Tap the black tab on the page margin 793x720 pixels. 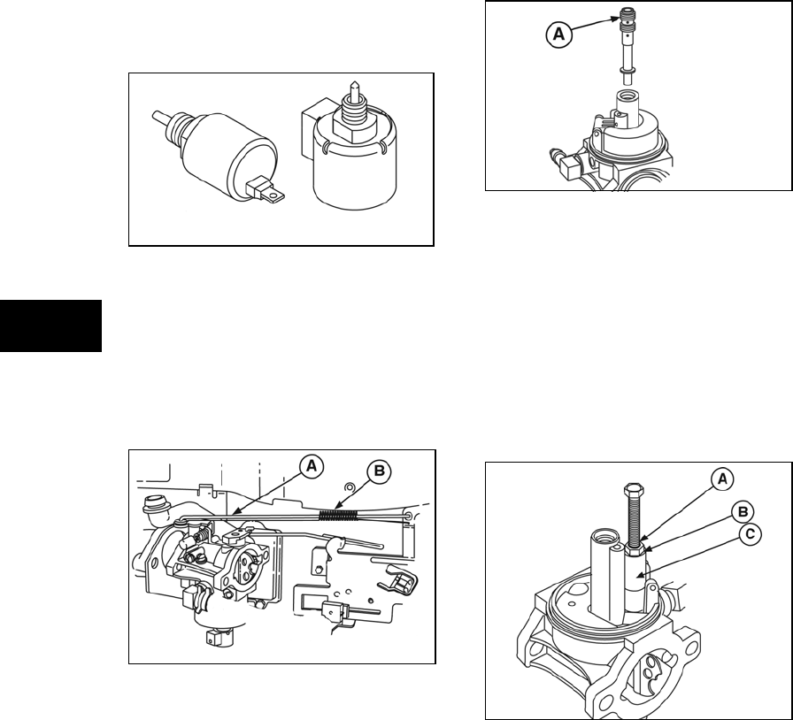click(51, 326)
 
